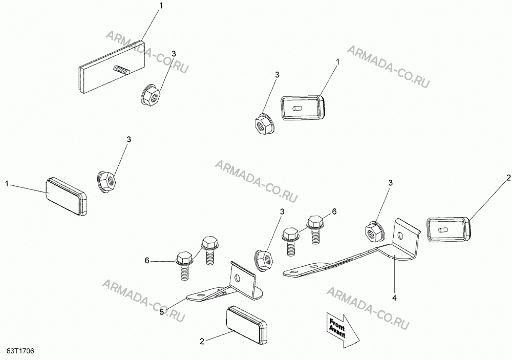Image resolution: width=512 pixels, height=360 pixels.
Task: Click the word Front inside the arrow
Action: pos(337,324)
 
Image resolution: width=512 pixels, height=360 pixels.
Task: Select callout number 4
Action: pos(394,298)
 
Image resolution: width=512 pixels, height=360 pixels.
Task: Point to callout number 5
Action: pos(162,312)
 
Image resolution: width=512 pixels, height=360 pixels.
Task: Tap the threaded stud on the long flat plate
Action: pos(121,70)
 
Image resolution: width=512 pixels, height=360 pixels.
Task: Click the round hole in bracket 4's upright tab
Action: pos(401,235)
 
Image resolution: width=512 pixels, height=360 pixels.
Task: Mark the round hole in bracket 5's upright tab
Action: pos(238,278)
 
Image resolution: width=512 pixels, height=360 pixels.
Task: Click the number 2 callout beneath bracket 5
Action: pos(202,342)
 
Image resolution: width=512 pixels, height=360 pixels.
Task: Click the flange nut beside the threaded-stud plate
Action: pos(151,94)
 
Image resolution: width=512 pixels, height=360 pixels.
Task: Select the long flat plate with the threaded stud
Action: pos(112,68)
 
